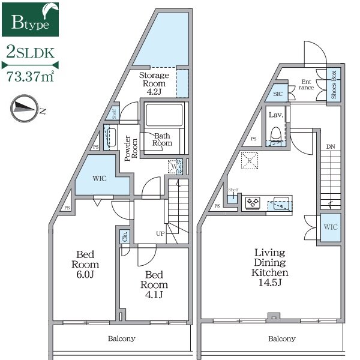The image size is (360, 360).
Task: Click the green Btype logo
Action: pyautogui.click(x=30, y=20)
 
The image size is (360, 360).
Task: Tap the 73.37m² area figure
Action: pyautogui.click(x=30, y=76)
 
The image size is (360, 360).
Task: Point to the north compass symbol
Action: pyautogui.click(x=25, y=108)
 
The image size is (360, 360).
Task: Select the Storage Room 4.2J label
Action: pyautogui.click(x=154, y=83)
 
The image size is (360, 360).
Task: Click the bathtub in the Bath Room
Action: pyautogui.click(x=164, y=115)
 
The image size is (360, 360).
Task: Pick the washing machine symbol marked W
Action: pyautogui.click(x=175, y=166)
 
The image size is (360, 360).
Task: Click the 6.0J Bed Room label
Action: pyautogui.click(x=85, y=264)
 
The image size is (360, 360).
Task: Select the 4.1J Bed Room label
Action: pyautogui.click(x=154, y=284)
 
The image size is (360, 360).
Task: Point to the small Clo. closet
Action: pyautogui.click(x=125, y=236)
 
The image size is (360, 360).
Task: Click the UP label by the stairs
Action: pyautogui.click(x=160, y=234)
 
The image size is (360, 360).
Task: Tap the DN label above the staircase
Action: pyautogui.click(x=331, y=146)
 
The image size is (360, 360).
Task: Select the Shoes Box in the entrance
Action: pyautogui.click(x=334, y=85)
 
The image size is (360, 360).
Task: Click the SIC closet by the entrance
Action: pyautogui.click(x=277, y=93)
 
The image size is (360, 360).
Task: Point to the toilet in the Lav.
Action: pyautogui.click(x=276, y=134)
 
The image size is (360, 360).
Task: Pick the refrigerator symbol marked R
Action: pyautogui.click(x=250, y=161)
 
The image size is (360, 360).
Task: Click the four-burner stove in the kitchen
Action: pyautogui.click(x=253, y=203)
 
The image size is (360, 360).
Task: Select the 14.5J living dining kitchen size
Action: pyautogui.click(x=270, y=283)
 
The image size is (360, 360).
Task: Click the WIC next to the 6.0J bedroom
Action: pyautogui.click(x=100, y=178)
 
